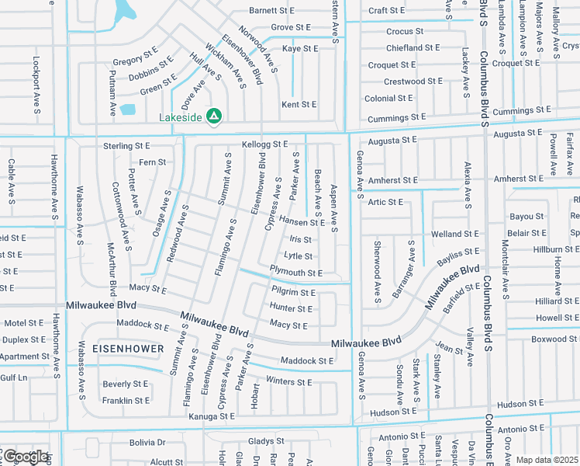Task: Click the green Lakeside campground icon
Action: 215,116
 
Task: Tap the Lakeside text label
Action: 180,117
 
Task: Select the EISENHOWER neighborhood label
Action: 129,349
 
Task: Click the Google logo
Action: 25,457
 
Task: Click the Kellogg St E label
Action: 264,144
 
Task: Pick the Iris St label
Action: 302,240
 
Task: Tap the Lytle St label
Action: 299,256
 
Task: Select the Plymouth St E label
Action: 295,273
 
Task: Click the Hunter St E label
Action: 291,308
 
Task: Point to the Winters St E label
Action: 288,381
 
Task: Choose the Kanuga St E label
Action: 211,416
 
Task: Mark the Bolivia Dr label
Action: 147,443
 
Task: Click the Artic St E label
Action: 385,202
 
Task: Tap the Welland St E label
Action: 455,234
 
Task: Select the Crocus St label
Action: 405,32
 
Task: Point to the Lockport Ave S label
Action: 36,85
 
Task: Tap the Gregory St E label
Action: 135,59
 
